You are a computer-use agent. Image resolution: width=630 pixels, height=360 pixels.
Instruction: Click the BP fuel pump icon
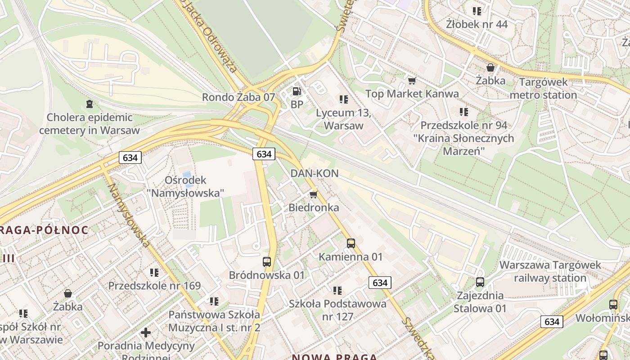click(296, 91)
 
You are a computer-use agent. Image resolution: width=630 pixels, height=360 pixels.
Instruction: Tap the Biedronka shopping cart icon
click(313, 194)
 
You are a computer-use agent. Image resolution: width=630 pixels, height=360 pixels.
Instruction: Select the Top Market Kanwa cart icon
click(412, 81)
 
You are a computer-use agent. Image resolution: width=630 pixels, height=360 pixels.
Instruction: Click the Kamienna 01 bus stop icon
click(351, 243)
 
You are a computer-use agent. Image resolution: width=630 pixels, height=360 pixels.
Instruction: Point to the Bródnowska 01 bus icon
click(267, 261)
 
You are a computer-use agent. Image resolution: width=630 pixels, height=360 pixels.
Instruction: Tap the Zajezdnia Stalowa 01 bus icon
click(480, 282)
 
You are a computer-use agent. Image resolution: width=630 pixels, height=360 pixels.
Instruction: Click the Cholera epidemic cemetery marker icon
click(90, 104)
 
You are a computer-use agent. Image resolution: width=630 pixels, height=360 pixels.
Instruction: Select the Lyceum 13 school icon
click(344, 99)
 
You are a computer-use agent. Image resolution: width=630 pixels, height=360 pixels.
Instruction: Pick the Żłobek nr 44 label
click(477, 24)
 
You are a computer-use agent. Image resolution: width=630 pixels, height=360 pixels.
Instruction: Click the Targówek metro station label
click(543, 89)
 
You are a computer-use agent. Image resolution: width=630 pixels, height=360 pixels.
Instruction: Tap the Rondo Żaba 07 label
click(238, 97)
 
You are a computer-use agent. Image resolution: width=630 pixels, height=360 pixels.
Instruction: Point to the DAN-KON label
click(315, 173)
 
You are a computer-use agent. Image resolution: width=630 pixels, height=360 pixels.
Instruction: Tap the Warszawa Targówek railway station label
click(550, 271)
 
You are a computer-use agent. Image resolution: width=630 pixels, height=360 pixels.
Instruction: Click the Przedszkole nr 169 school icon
click(154, 272)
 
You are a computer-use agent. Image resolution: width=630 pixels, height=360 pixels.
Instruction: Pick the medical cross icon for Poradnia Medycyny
click(146, 333)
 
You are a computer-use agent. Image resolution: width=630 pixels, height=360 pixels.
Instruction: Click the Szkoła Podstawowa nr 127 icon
click(337, 291)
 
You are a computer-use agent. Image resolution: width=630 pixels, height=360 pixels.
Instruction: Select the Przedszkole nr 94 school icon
click(464, 112)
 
